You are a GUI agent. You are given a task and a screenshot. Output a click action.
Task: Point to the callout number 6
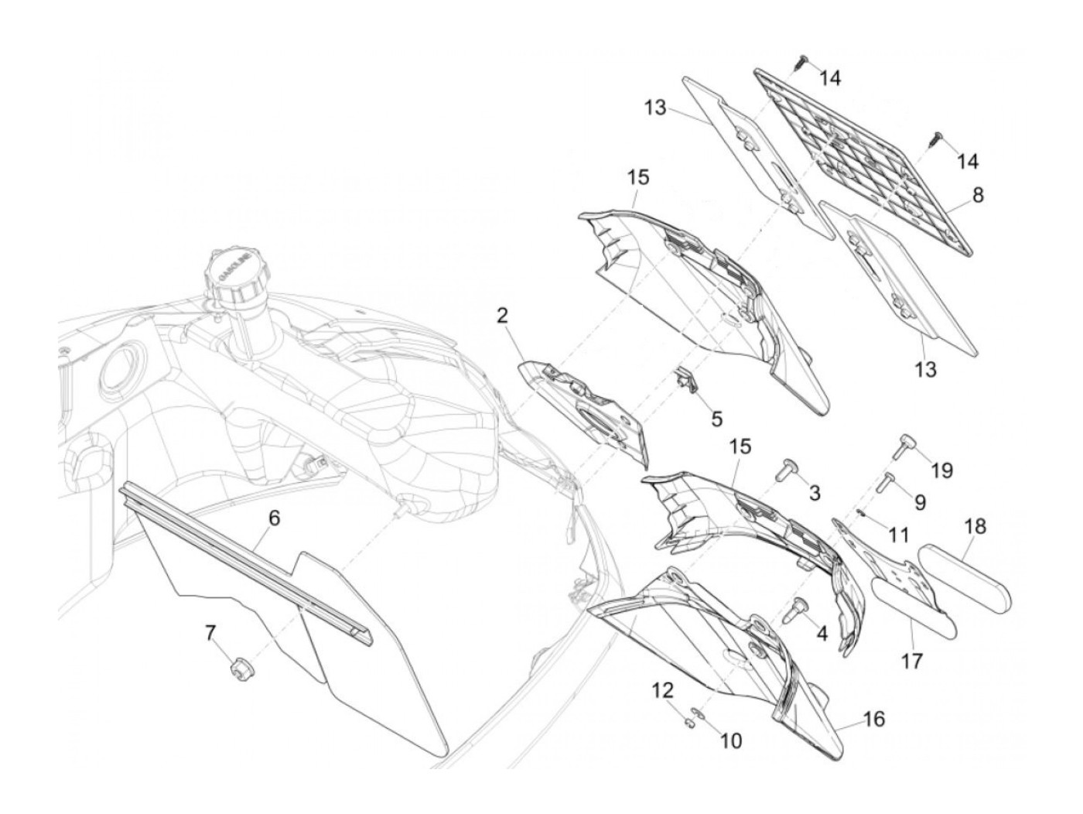click(x=273, y=519)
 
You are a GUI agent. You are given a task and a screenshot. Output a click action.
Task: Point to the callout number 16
click(x=874, y=720)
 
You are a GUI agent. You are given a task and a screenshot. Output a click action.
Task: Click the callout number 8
click(x=978, y=196)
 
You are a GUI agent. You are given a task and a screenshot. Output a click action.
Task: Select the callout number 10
click(x=730, y=741)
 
